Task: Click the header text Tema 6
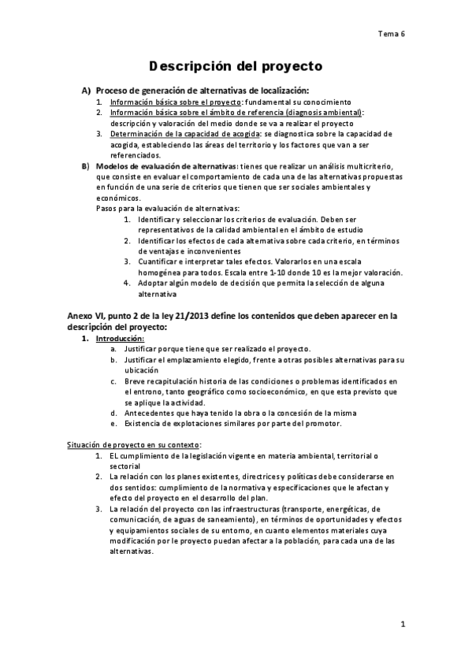click(392, 34)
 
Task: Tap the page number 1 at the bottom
click(402, 625)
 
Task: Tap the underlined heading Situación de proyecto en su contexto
click(133, 445)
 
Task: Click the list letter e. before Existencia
click(114, 424)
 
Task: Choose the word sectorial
click(125, 466)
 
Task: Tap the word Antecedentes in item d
click(152, 413)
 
